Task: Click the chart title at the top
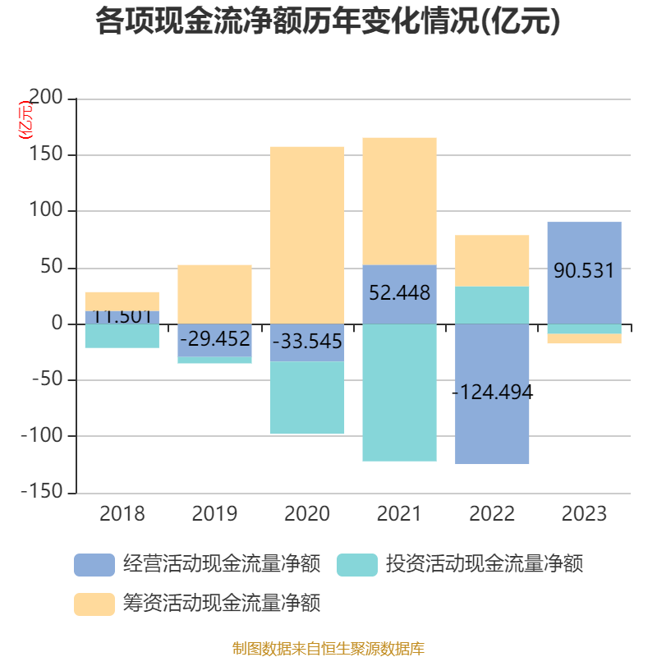(x=328, y=21)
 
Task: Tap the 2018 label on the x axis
(x=122, y=514)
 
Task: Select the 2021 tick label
(x=399, y=514)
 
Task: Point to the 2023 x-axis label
(x=584, y=514)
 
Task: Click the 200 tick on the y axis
(x=47, y=99)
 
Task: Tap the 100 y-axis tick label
(x=47, y=211)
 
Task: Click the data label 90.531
(x=584, y=270)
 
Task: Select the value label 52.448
(x=399, y=292)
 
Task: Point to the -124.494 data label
(x=493, y=393)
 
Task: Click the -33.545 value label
(x=307, y=341)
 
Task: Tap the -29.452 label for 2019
(x=214, y=337)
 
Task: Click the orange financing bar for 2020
(x=307, y=234)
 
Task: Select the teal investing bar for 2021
(x=399, y=393)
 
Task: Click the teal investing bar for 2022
(x=493, y=305)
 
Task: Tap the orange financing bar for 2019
(x=214, y=293)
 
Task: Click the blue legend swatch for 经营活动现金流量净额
(x=94, y=565)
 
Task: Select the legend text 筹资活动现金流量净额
(x=221, y=604)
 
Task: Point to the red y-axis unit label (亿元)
(x=26, y=120)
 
